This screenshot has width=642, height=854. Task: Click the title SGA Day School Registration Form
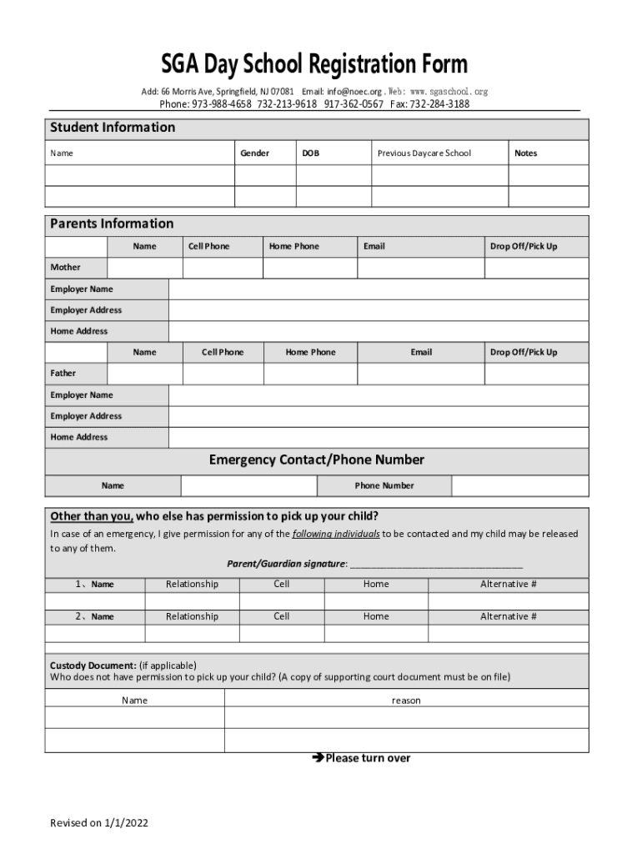click(314, 64)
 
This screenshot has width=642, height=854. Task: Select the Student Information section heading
click(113, 128)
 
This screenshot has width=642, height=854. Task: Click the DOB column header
click(310, 153)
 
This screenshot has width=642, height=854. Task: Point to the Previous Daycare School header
click(424, 153)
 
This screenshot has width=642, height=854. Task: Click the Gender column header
click(254, 153)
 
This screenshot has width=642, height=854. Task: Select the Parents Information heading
click(112, 224)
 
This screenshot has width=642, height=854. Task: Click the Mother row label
click(66, 268)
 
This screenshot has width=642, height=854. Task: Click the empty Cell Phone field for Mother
click(223, 268)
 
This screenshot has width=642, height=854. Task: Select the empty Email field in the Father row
click(420, 374)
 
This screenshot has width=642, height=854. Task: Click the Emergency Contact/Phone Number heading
click(316, 460)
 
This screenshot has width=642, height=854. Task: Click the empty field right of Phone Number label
click(519, 485)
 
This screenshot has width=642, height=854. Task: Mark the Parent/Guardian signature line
click(436, 565)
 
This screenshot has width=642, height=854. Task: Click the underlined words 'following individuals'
click(336, 534)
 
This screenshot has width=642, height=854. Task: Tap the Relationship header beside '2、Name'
click(192, 616)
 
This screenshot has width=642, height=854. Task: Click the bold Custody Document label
click(93, 665)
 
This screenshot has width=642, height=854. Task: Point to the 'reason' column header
click(406, 701)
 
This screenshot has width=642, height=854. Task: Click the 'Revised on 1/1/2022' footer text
click(99, 823)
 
